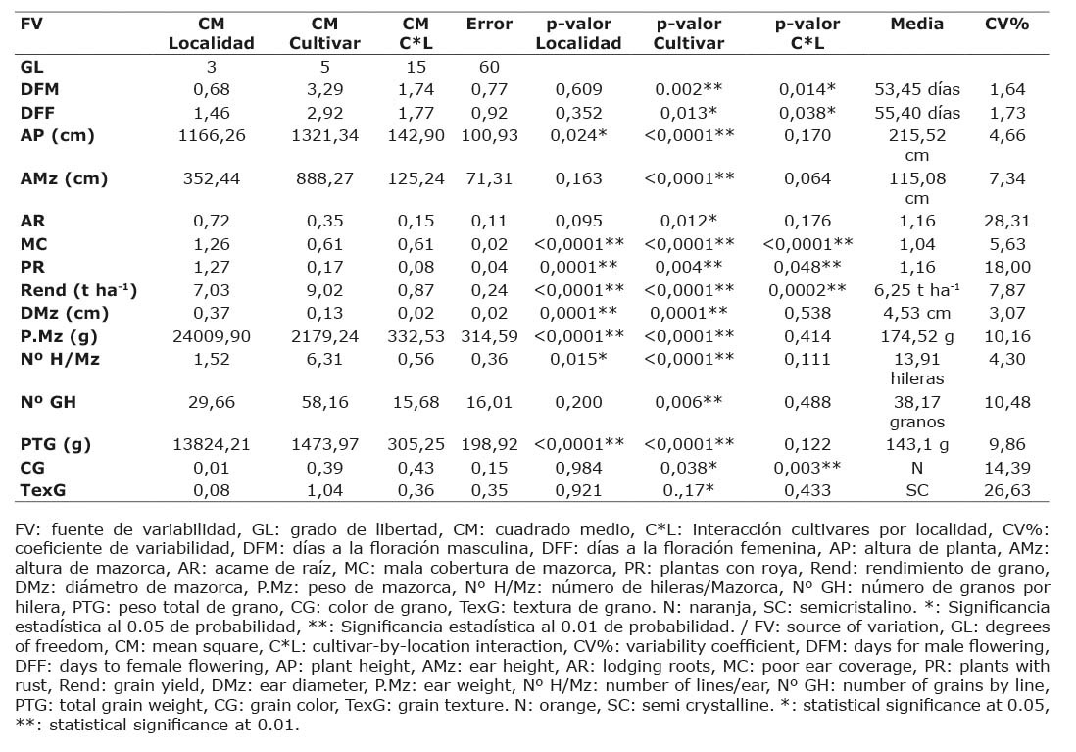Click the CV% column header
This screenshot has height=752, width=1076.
pos(1006,25)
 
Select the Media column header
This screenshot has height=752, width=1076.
pos(917,25)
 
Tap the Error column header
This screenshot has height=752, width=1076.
pos(489,25)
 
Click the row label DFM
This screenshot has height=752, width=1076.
pos(40,89)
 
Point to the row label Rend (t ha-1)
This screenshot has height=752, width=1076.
pos(79,290)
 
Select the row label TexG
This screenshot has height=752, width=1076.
pos(42,490)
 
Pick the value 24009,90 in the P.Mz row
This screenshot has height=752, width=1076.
pos(212,336)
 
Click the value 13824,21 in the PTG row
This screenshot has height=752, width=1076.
pos(212,444)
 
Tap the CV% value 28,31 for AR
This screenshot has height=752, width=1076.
pos(1007,222)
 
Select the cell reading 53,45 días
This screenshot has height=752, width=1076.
pos(917,89)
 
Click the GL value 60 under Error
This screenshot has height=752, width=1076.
pos(489,67)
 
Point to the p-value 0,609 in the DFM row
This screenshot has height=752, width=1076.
pos(578,89)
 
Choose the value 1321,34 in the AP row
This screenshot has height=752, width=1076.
pos(324,135)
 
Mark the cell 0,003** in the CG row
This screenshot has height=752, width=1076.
pos(807,468)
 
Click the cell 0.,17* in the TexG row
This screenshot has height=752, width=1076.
pos(688,490)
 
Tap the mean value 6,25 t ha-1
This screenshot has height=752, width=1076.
pos(917,290)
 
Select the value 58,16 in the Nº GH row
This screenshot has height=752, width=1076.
pos(324,402)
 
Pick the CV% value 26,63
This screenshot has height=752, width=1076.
pos(1007,490)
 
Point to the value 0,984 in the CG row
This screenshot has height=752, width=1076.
pos(578,468)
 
